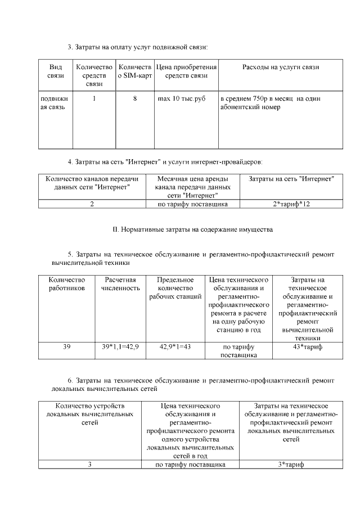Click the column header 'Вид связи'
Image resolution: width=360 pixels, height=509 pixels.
tap(55, 71)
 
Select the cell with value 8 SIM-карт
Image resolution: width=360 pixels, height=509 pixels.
tap(135, 98)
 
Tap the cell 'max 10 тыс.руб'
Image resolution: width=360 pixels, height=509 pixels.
tap(181, 98)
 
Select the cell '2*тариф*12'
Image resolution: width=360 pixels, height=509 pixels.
tap(287, 204)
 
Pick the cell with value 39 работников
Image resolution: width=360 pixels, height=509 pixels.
tap(66, 347)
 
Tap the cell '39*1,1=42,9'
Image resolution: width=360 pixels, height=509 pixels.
tap(120, 347)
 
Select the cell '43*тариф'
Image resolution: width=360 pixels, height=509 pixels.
tap(307, 347)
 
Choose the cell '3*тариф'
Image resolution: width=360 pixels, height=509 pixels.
tap(287, 465)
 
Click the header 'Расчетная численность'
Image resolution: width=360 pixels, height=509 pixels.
tap(120, 284)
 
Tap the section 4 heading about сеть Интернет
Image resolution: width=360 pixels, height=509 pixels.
tap(165, 162)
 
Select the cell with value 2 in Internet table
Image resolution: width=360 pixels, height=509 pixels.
tap(92, 204)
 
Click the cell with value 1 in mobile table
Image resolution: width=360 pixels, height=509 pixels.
tap(94, 98)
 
